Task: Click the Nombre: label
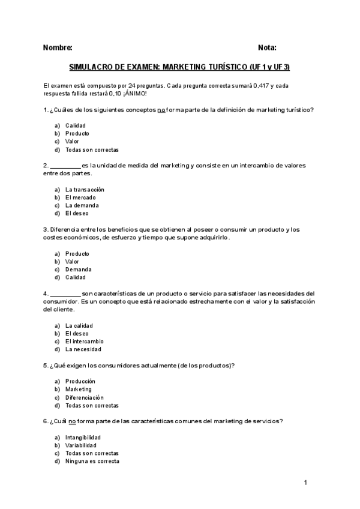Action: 58,47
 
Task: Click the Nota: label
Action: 267,47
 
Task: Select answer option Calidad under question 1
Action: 76,125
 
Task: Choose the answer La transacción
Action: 89,189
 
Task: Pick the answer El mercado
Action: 80,197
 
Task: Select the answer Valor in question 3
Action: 72,261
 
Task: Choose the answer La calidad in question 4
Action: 79,325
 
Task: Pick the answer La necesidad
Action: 83,349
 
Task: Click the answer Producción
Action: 80,381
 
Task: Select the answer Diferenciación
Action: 85,397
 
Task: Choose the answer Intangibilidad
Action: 83,438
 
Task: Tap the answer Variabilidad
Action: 80,445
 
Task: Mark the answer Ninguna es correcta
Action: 92,462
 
